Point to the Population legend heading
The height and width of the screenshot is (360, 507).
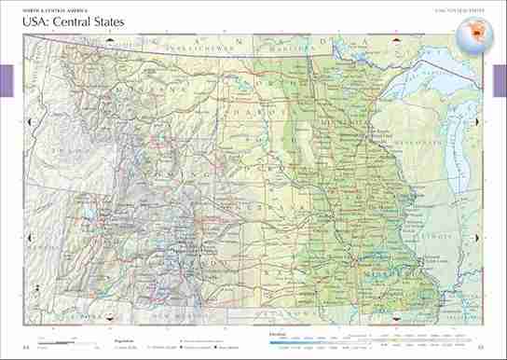[x=126, y=332]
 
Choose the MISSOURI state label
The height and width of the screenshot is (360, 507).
[x=386, y=277]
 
